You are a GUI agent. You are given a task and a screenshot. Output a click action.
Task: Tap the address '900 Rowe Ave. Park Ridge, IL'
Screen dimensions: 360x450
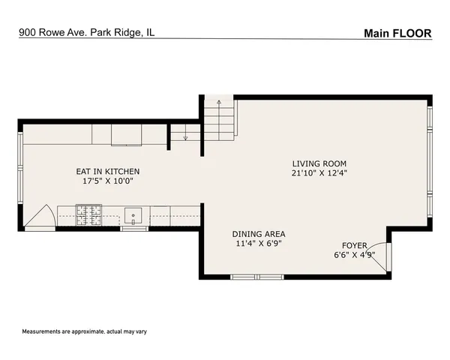[87, 33]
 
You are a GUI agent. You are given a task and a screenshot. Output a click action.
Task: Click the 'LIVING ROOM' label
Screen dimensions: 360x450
[319, 163]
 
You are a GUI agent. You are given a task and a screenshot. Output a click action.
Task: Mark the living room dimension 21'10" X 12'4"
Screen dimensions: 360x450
[319, 173]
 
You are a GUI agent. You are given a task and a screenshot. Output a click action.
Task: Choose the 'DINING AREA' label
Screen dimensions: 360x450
[258, 233]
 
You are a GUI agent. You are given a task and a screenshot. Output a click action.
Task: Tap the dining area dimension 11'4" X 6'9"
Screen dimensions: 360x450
[258, 243]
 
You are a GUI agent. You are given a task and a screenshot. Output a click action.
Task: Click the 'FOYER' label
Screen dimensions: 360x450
[355, 245]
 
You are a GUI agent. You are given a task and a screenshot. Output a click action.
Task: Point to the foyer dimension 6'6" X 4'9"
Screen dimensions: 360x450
[355, 255]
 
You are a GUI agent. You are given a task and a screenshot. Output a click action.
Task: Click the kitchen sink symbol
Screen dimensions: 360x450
[133, 215]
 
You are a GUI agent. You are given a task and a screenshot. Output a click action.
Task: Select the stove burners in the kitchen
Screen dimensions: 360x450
[89, 215]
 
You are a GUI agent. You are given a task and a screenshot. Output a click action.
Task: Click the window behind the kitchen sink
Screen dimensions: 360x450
[133, 228]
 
